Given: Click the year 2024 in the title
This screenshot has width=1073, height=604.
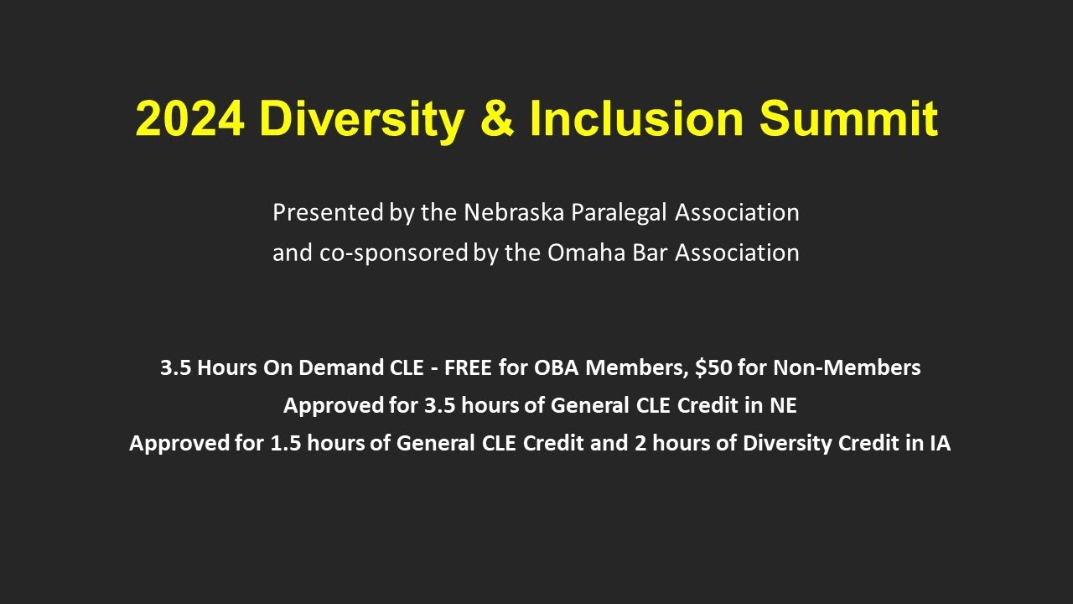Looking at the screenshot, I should [x=189, y=118].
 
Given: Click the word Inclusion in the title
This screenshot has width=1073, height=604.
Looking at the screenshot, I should [x=636, y=118].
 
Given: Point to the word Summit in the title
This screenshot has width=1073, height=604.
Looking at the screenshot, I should [x=848, y=118].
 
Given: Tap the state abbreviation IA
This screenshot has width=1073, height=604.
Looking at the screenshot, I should [x=940, y=444].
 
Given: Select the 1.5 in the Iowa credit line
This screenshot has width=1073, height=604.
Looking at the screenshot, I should [x=285, y=444].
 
